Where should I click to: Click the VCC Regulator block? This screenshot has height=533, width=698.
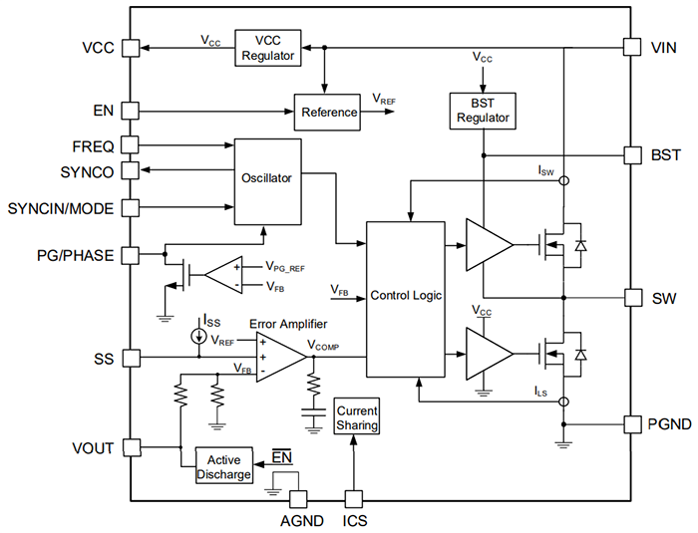tap(268, 48)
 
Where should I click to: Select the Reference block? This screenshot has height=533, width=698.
tap(329, 112)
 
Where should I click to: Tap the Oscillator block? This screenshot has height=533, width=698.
tap(266, 179)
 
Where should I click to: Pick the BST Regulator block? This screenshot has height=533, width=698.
tap(483, 111)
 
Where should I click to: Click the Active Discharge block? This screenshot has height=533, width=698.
tap(223, 466)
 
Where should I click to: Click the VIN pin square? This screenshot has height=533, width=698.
tap(630, 47)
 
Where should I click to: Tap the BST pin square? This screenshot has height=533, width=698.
tap(630, 154)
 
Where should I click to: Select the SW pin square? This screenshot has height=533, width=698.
tap(630, 297)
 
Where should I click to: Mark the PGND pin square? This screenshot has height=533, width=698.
tap(630, 424)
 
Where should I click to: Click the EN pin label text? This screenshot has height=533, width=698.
tap(104, 111)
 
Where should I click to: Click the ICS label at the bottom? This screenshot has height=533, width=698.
tap(355, 520)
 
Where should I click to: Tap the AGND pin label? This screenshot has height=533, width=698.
tap(296, 520)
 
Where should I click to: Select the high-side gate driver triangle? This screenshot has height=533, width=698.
tap(487, 243)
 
